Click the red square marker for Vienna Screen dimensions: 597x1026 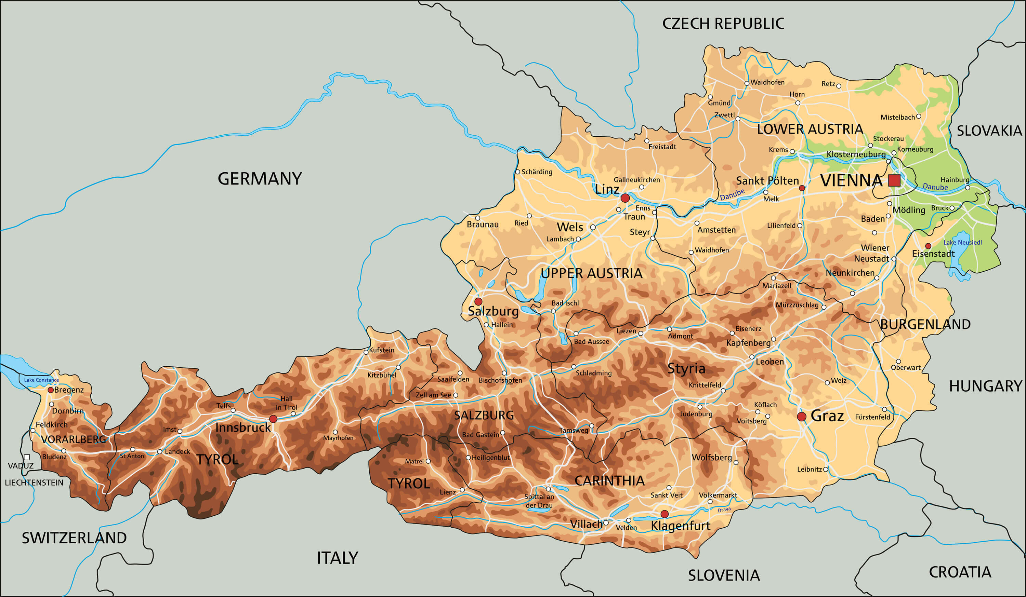coord(894,180)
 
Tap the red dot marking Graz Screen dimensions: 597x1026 coord(801,416)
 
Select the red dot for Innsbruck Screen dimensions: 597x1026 coord(273,419)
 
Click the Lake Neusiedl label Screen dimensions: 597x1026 coord(962,243)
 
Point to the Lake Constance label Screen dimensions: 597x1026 coord(41,380)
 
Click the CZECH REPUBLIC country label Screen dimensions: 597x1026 coord(723,24)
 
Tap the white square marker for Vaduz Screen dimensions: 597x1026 coord(27,457)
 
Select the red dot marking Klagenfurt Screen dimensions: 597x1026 coord(665,514)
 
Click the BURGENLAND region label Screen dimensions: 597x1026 coord(925,324)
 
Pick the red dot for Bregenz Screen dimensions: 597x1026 coord(51,390)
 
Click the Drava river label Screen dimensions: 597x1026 coord(724,510)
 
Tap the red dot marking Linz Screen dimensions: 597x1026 coord(625,198)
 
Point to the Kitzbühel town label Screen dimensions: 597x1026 coord(381,375)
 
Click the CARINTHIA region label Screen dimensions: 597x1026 coord(609,480)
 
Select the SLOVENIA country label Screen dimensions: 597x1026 coord(723,575)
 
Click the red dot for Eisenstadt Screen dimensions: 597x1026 coord(928,246)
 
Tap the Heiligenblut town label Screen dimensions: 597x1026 coord(491,458)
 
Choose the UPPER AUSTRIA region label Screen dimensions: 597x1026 coord(591,273)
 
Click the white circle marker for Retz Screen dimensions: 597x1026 coord(838,86)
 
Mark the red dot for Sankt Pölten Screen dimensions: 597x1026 coord(802,188)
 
